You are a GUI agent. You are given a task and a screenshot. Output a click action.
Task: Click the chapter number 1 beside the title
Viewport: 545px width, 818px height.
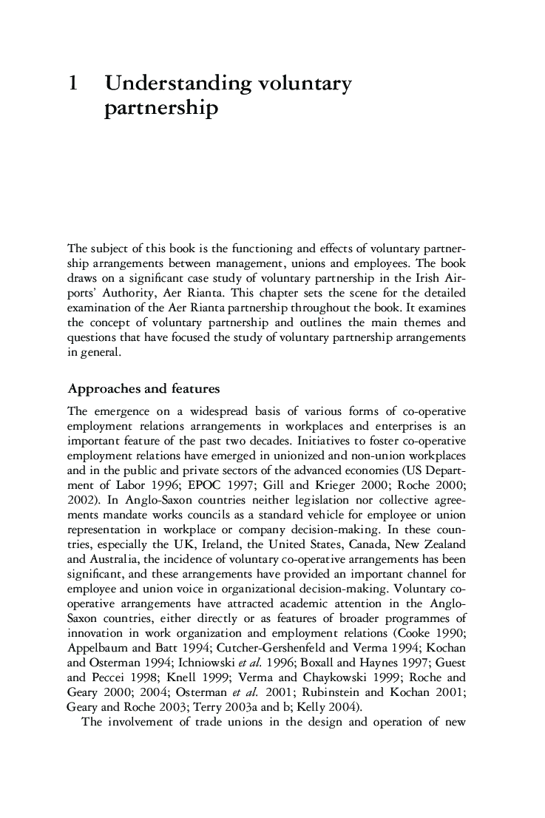tap(72, 84)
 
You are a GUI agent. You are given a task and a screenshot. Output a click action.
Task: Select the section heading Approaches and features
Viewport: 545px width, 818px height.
tap(143, 388)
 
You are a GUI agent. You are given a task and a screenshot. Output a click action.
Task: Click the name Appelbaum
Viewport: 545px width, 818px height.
tap(97, 623)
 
